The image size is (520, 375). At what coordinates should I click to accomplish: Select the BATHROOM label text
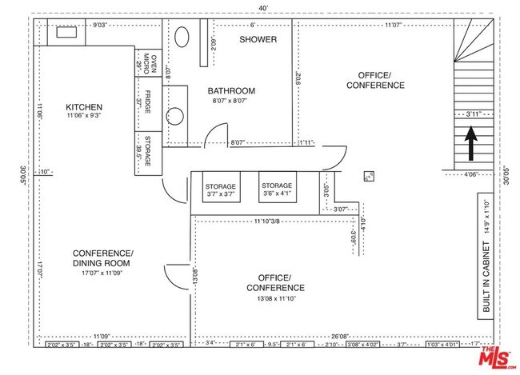coord(231,90)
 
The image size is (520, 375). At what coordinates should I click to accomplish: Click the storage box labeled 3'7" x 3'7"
coord(220,190)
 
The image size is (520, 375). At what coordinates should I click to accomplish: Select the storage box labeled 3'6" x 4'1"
coord(277,189)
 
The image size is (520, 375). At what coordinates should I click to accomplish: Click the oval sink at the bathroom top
coord(182,38)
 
